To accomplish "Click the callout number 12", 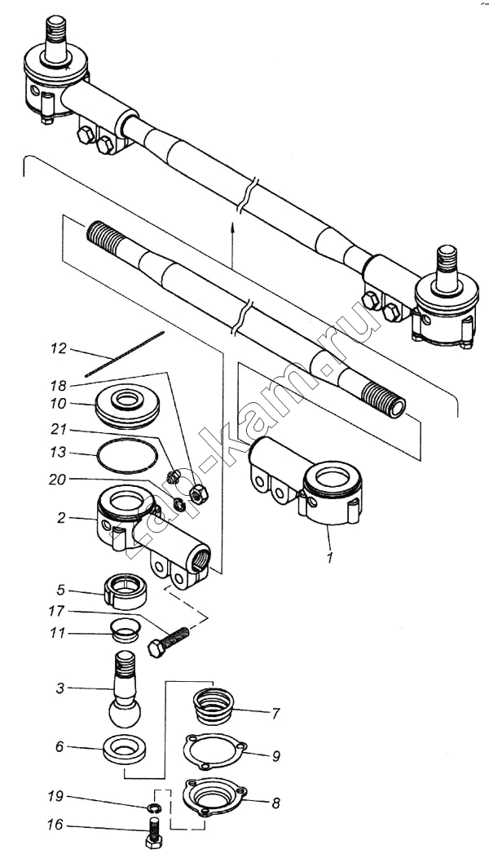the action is click(58, 348).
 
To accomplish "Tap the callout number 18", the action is click(58, 386).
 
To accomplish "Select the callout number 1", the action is click(328, 557).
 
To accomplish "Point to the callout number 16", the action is click(56, 825).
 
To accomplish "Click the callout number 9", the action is click(276, 756).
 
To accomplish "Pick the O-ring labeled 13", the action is click(127, 455).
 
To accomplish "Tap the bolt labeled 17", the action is click(169, 641).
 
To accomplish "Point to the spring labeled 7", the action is click(214, 706).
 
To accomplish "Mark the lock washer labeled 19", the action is click(154, 807).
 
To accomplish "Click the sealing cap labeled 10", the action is click(127, 407).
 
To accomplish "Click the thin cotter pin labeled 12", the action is click(125, 353).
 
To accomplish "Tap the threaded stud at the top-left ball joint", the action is click(55, 37).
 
